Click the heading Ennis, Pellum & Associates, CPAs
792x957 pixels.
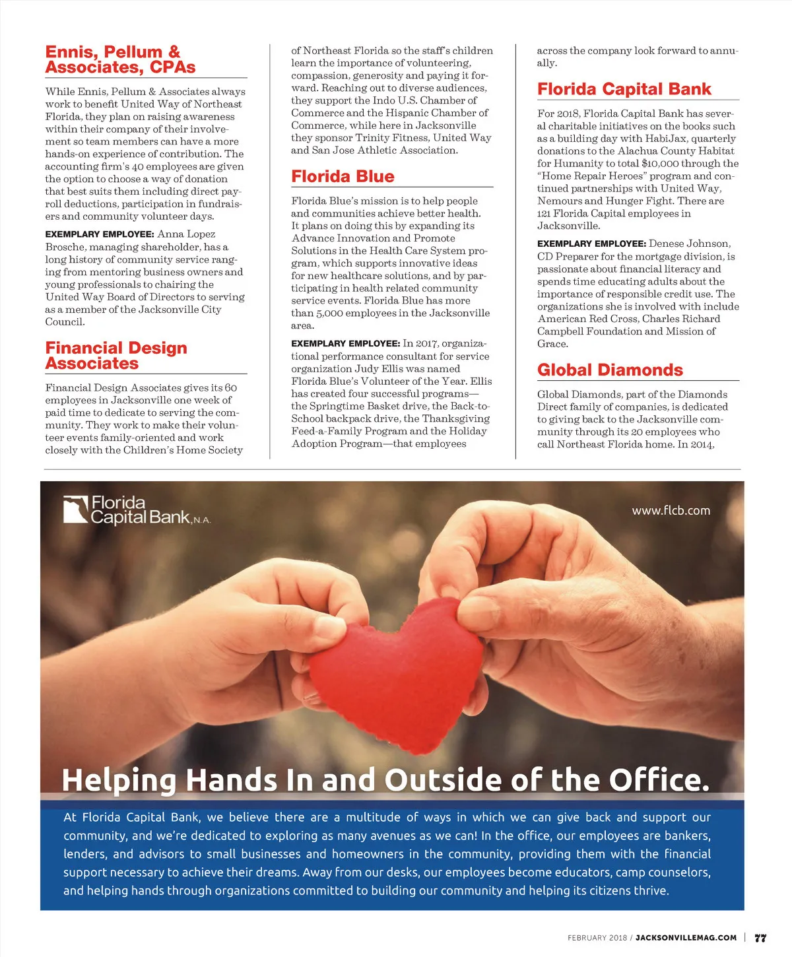[x=120, y=59]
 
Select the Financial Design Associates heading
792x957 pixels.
[x=116, y=356]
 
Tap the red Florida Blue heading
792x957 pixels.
[x=343, y=176]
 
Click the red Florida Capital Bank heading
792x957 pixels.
[x=624, y=89]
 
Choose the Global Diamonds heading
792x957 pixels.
[x=610, y=370]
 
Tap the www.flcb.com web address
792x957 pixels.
[x=671, y=510]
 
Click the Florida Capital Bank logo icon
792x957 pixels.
[x=75, y=510]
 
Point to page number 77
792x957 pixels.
[x=760, y=938]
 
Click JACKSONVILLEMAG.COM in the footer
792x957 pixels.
[x=686, y=938]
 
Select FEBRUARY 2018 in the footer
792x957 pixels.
[x=597, y=938]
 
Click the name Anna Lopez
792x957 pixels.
[x=186, y=234]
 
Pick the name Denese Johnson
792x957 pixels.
[x=689, y=244]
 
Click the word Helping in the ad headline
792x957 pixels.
[x=119, y=780]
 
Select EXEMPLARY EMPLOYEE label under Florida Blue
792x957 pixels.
[x=345, y=344]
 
